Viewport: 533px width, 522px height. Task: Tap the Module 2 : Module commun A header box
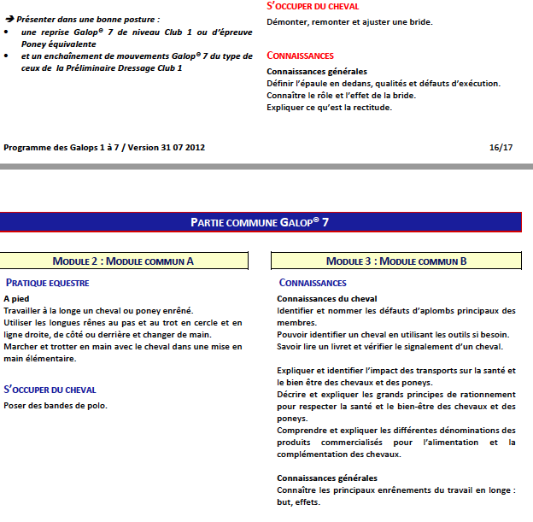click(x=124, y=261)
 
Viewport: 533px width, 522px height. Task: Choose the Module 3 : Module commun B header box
click(x=396, y=261)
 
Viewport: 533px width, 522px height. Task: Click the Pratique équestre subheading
click(x=48, y=283)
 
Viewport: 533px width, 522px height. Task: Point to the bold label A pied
click(x=17, y=298)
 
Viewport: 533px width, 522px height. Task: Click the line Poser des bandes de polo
click(x=56, y=406)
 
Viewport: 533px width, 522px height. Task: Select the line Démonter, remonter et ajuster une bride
click(x=349, y=21)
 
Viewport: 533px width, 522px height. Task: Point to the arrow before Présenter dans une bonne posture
click(x=9, y=18)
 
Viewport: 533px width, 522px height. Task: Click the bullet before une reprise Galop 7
click(x=8, y=31)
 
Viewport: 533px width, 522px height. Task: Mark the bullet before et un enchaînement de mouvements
click(x=8, y=56)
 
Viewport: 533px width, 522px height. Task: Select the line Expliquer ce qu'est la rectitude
click(x=329, y=108)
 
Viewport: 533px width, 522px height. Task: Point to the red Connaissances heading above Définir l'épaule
click(x=300, y=56)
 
